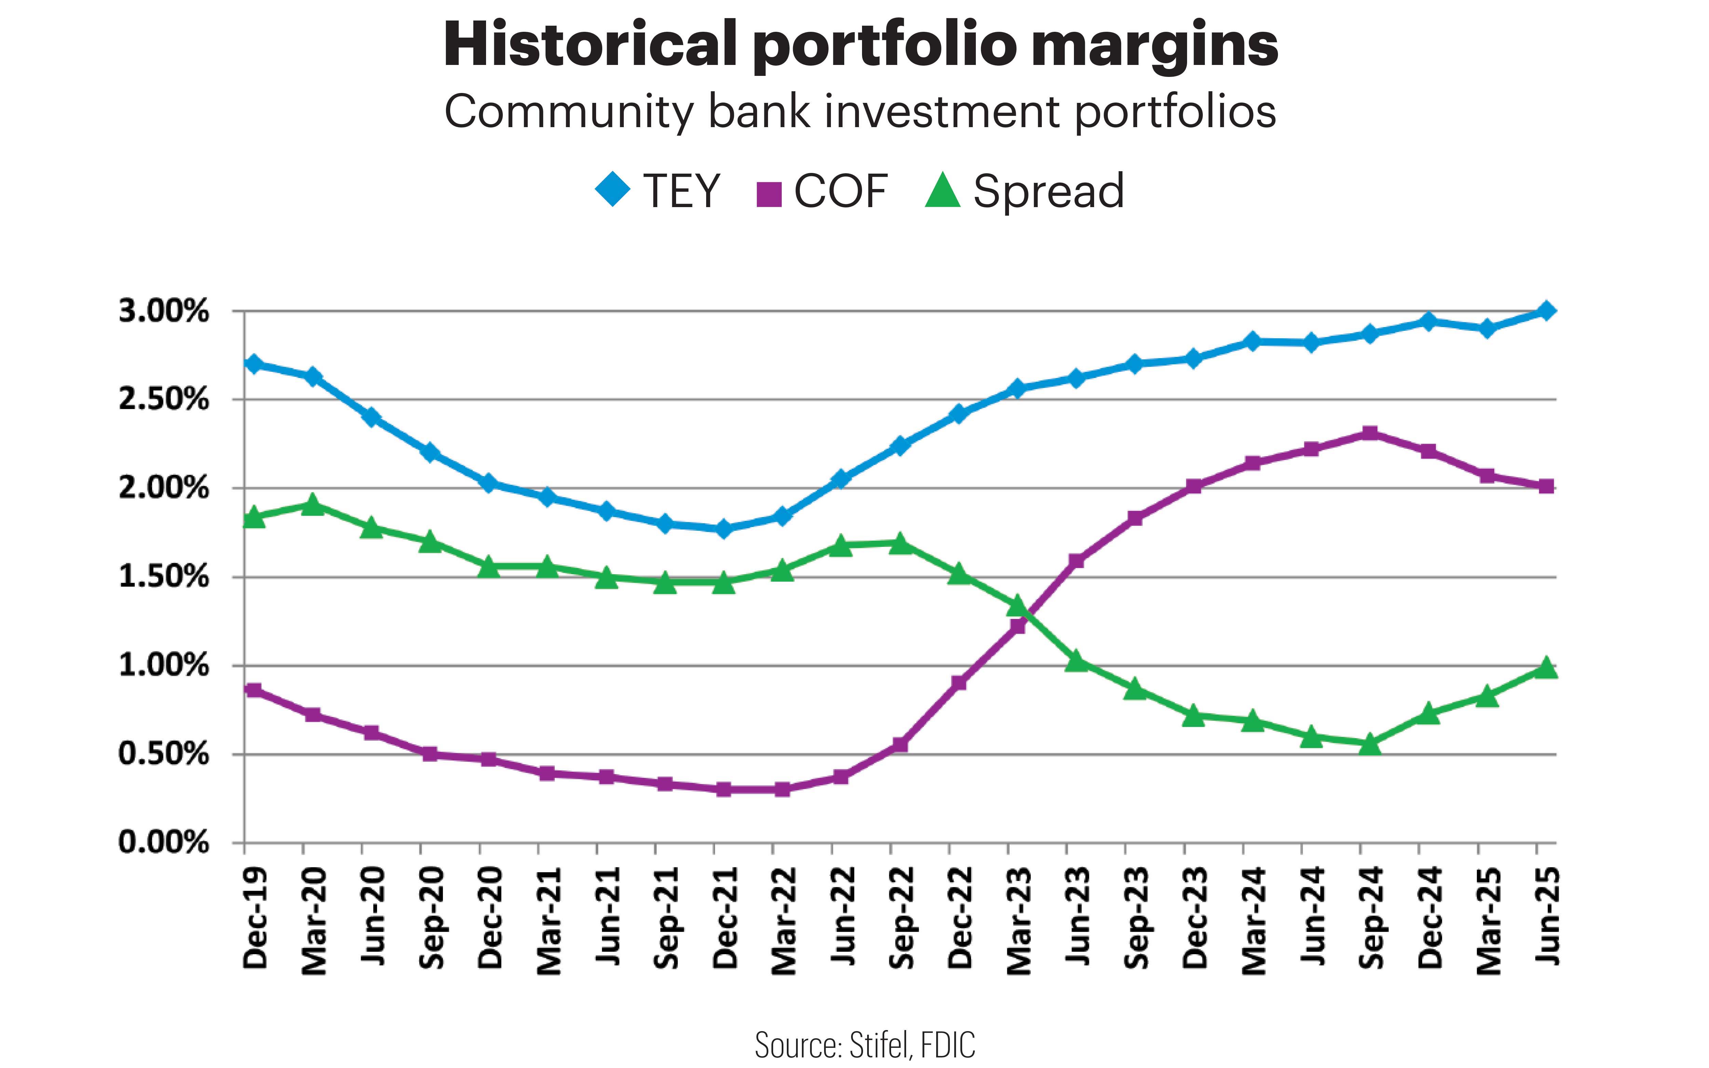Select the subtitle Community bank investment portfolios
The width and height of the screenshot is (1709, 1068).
pos(860,112)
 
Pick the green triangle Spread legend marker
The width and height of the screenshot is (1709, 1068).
pos(943,191)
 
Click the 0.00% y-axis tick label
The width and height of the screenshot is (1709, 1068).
pos(164,843)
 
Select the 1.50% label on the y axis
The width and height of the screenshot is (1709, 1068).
pos(164,577)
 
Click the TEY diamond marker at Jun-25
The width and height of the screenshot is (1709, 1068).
pos(1545,311)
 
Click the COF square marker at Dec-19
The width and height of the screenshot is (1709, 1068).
pos(254,690)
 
